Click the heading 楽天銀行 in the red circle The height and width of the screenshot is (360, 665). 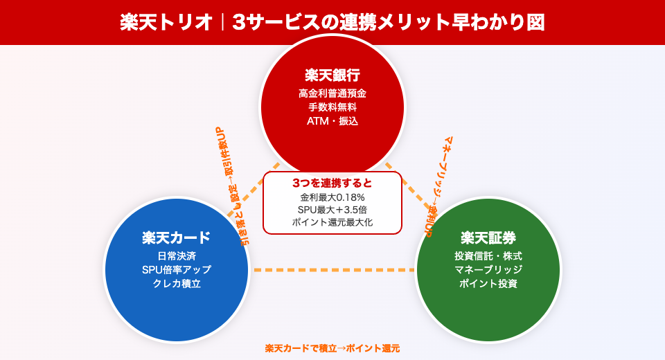pos(332,75)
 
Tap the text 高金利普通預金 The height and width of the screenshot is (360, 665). pos(332,93)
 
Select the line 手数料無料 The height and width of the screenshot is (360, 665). pos(332,107)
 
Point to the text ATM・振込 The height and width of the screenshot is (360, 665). pos(332,121)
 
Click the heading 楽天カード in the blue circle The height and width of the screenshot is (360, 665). pos(177,237)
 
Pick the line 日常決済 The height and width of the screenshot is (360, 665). pos(177,256)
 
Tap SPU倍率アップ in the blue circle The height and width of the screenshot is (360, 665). pos(177,270)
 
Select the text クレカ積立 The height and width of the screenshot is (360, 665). pos(177,284)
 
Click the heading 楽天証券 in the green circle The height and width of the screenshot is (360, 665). pos(488,237)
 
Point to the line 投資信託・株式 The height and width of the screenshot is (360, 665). pos(488,256)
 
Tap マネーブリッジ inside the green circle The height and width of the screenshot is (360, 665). pos(488,270)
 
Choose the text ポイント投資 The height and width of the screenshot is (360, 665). pos(488,284)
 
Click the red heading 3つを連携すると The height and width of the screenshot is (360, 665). pos(332,183)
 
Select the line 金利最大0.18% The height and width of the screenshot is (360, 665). pos(332,197)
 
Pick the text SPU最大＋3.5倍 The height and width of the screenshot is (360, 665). pos(332,210)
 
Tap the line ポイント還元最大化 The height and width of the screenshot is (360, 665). pos(332,222)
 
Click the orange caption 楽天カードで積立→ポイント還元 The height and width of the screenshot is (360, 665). pos(332,348)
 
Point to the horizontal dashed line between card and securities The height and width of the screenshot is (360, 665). pos(332,270)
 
